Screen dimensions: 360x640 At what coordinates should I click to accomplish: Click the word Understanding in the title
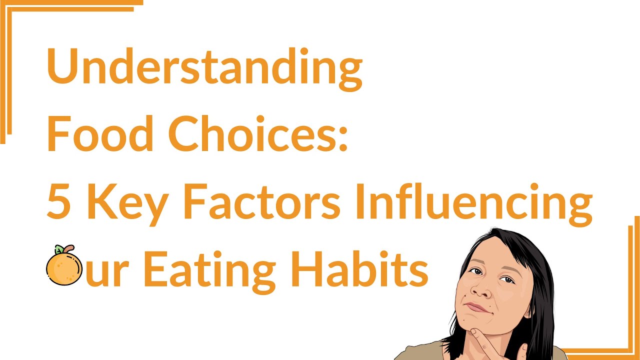(x=204, y=69)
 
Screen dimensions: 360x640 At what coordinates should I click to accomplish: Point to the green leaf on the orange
(x=58, y=249)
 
